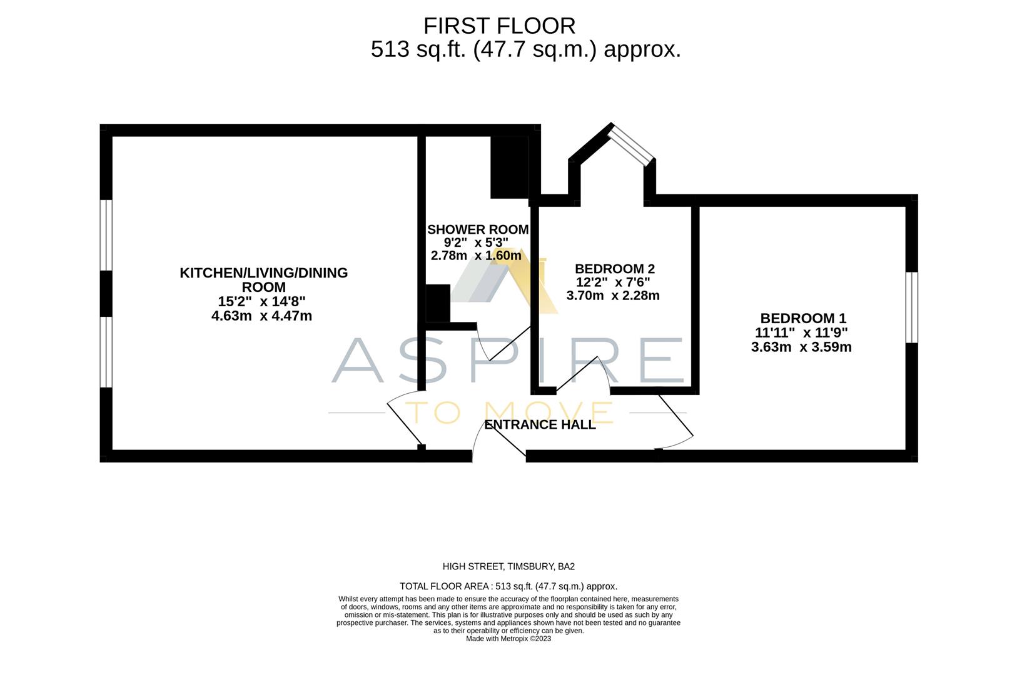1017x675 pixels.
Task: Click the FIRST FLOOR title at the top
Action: tap(499, 26)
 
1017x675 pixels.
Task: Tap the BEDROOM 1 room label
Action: tap(802, 318)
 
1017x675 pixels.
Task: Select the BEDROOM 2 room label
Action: tap(614, 269)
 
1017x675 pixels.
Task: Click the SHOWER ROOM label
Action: tap(478, 229)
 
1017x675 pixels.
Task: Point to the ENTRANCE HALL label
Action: tap(540, 425)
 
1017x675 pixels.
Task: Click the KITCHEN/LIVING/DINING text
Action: tap(263, 273)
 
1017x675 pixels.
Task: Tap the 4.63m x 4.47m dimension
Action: tap(261, 316)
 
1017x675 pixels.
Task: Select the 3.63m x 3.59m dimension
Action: tap(801, 347)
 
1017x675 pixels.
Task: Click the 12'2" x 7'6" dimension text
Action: tap(612, 282)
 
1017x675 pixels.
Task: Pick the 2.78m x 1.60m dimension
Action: tap(476, 256)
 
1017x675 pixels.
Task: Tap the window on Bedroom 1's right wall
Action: tap(912, 307)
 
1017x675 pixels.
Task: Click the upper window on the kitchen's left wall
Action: tap(106, 235)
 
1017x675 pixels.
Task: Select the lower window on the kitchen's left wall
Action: tap(106, 352)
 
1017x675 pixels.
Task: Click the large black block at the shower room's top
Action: tap(509, 167)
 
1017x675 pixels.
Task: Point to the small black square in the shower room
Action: tap(438, 304)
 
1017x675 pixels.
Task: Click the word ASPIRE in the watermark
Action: tap(507, 361)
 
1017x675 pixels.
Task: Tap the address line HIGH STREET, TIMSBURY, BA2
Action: tap(508, 567)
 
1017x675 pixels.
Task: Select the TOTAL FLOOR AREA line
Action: tap(508, 586)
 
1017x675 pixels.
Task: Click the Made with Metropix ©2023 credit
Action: tap(508, 639)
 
